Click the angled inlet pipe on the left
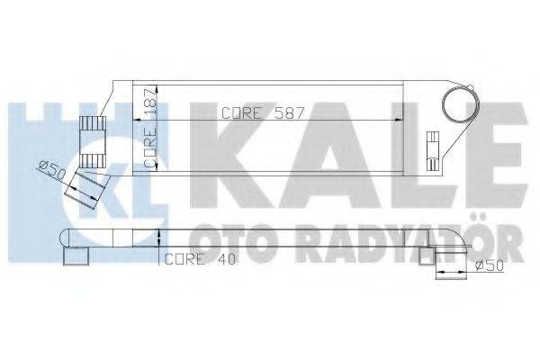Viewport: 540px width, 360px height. (x=89, y=184)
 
